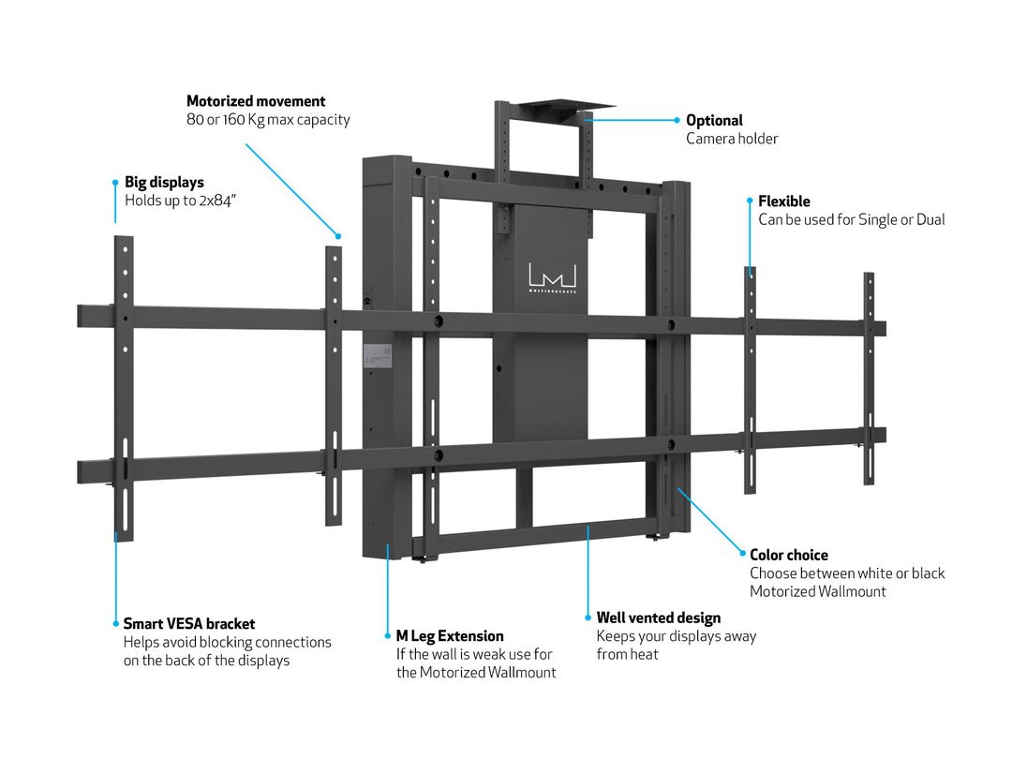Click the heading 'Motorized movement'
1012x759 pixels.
tap(256, 101)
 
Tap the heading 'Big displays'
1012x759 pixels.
tap(164, 182)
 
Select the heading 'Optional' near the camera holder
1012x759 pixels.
tap(714, 120)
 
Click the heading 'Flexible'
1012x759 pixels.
tap(784, 201)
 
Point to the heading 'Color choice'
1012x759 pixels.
tap(789, 555)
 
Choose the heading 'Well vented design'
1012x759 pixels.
tap(659, 618)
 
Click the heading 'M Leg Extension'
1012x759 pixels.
tap(450, 636)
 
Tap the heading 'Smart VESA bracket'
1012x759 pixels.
tap(189, 623)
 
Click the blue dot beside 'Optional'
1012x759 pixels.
tap(677, 120)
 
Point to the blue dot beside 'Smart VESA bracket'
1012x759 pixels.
tap(116, 623)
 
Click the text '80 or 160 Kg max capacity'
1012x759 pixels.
tap(268, 120)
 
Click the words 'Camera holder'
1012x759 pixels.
tap(732, 139)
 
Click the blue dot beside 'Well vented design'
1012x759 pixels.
tap(588, 618)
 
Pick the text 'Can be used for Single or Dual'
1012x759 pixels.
tap(851, 219)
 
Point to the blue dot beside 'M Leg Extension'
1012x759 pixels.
tap(388, 636)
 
